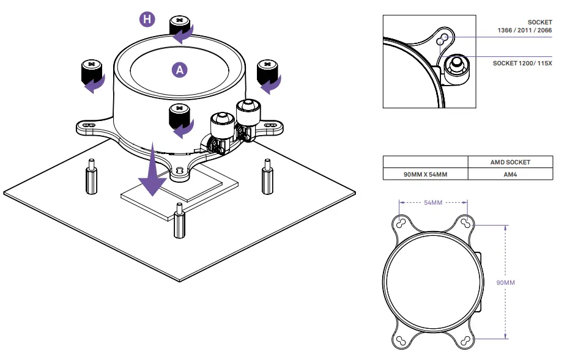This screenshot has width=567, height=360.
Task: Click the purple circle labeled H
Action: (x=147, y=20)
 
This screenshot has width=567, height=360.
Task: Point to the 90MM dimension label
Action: (x=505, y=282)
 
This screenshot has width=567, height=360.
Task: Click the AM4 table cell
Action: (x=510, y=174)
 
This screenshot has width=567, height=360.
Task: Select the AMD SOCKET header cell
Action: (x=510, y=162)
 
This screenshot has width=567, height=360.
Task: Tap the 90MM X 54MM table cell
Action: (x=425, y=174)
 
